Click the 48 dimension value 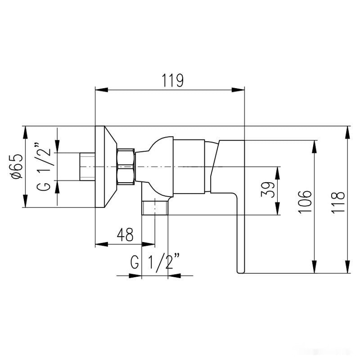125,235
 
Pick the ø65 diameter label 17,166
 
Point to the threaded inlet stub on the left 87,166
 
